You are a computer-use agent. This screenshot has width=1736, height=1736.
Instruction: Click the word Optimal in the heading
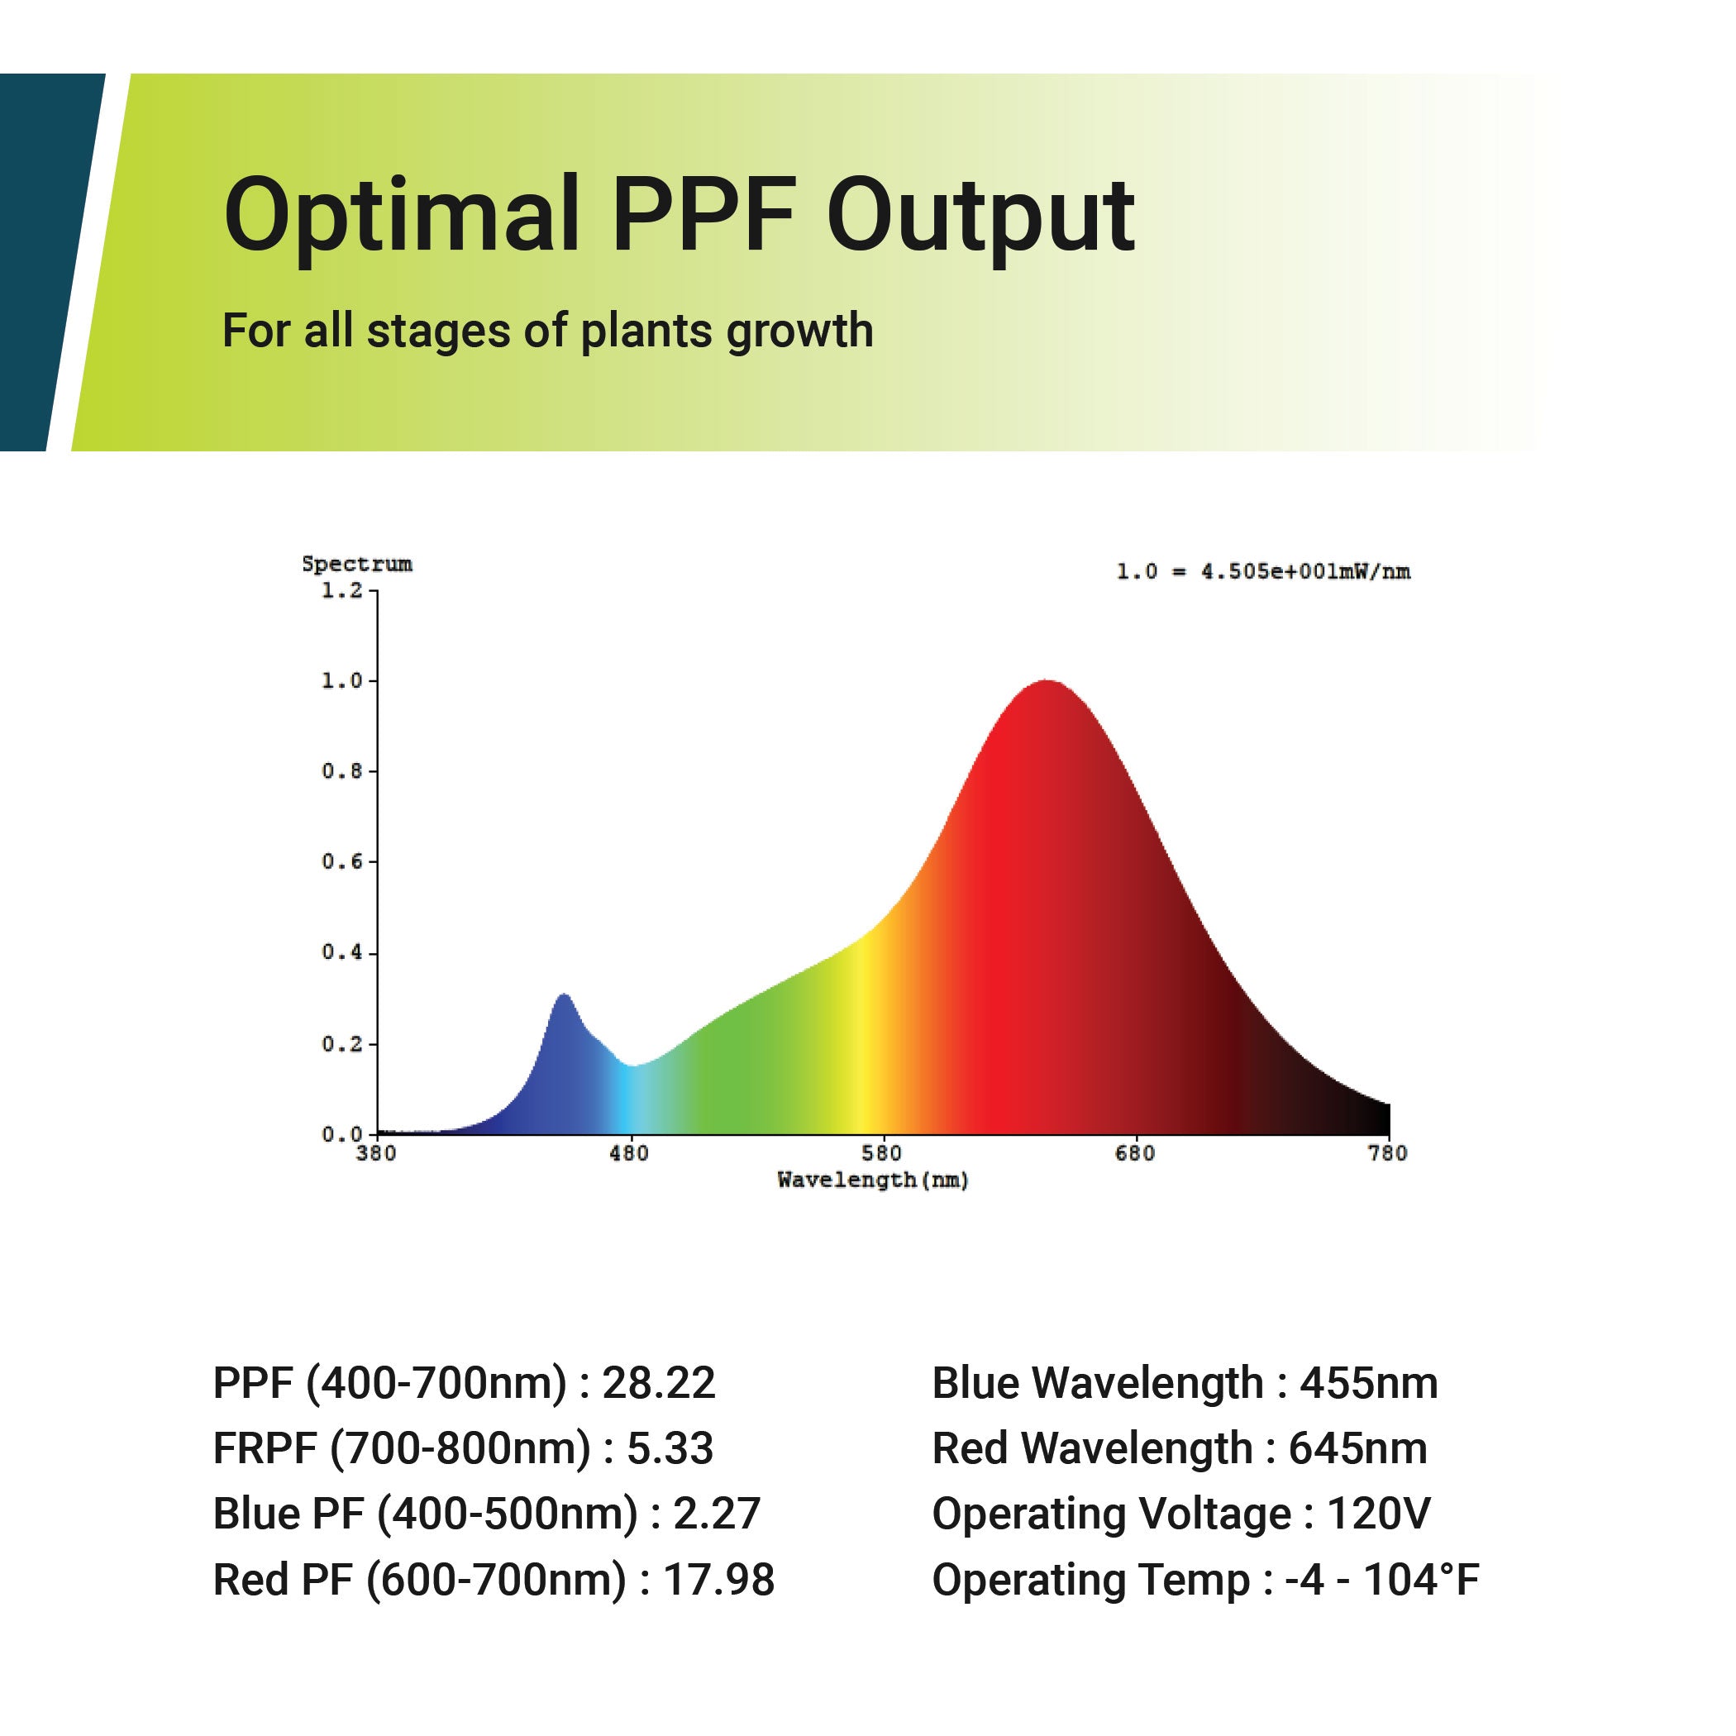[401, 216]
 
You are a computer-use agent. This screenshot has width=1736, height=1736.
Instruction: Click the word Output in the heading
[980, 216]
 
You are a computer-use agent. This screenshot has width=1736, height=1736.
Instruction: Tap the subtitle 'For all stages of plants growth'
[547, 331]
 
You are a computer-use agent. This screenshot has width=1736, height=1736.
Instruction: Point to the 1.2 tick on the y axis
[342, 591]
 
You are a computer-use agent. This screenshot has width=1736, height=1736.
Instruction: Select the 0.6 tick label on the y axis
[342, 861]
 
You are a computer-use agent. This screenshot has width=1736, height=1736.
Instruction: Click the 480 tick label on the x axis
[628, 1153]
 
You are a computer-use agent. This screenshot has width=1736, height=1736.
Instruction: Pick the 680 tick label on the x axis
[1134, 1153]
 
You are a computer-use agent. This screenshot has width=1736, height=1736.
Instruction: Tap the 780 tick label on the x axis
[1387, 1153]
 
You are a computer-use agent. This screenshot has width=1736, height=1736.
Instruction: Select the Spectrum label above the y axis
[357, 565]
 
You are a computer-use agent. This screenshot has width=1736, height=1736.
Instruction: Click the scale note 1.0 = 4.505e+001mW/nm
[1262, 571]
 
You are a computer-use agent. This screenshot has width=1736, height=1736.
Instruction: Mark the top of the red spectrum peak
[1047, 682]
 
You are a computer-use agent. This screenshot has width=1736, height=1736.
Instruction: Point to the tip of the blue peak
[565, 995]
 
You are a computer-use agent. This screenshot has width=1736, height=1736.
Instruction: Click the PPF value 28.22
[659, 1383]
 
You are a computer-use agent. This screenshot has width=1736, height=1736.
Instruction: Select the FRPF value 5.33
[670, 1448]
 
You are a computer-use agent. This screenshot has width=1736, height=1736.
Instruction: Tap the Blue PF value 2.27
[716, 1514]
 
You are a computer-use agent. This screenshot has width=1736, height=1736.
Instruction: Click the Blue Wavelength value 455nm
[1368, 1383]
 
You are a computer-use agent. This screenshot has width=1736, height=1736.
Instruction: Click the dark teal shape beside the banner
[41, 260]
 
